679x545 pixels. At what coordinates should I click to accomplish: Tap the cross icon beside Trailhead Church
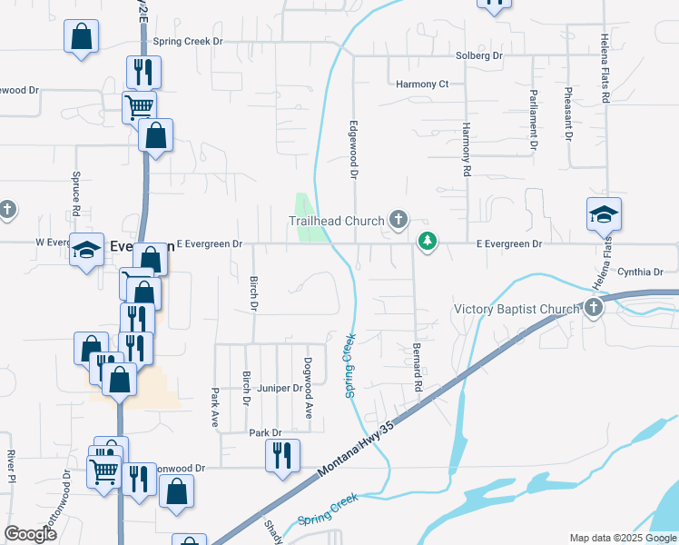tap(398, 219)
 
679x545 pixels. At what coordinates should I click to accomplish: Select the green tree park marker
tap(427, 242)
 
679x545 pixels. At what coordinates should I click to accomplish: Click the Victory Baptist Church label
tap(517, 310)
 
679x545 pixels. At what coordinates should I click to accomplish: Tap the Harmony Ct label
tap(423, 84)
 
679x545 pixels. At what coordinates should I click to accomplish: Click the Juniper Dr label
tap(280, 388)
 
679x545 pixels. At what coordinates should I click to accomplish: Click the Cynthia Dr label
tap(641, 272)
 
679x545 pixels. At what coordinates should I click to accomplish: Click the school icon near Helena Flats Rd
tap(604, 215)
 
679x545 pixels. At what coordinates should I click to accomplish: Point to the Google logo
tap(30, 534)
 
